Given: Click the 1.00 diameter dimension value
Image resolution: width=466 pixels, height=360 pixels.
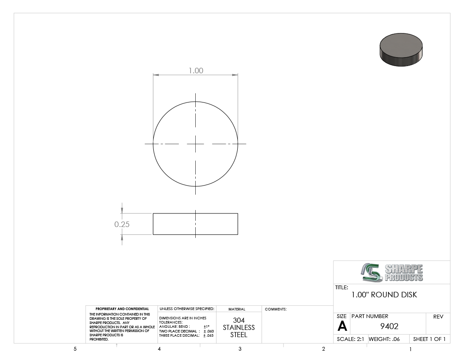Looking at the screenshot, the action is coord(196,71).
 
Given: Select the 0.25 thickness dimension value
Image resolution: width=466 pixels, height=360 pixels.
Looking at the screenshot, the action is coord(122,224).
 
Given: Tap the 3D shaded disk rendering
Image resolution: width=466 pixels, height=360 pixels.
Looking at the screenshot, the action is coord(401,50).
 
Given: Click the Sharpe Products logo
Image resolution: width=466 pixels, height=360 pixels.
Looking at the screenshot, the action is coord(392,272).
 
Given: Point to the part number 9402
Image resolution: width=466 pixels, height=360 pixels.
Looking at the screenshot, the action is coord(389,327).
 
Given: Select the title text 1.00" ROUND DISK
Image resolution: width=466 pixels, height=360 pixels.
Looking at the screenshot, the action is coord(384,295).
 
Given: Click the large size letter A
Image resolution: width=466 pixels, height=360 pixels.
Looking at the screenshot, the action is coord(342,327).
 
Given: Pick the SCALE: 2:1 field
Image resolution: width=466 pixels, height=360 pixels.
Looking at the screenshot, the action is coord(350,339).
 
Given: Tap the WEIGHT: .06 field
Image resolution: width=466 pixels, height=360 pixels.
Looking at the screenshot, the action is coord(384,339).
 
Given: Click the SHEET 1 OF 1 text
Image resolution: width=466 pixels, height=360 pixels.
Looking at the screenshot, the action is coord(429,339).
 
